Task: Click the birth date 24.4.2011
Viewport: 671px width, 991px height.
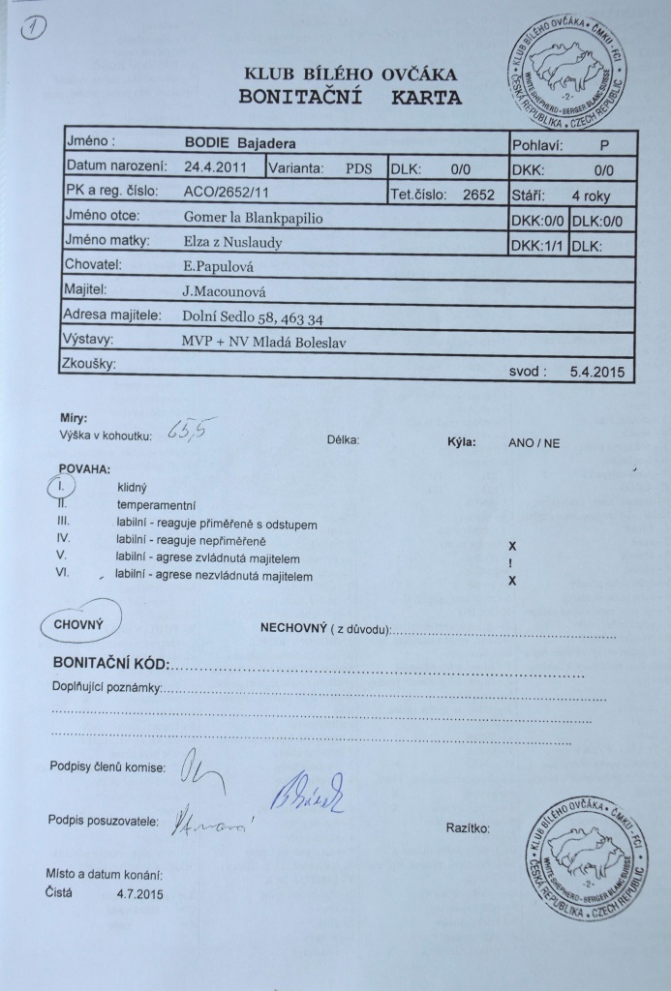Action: pos(217,166)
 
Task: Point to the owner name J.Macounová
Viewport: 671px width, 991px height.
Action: pos(218,289)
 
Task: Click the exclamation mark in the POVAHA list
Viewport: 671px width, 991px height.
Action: pos(510,563)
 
